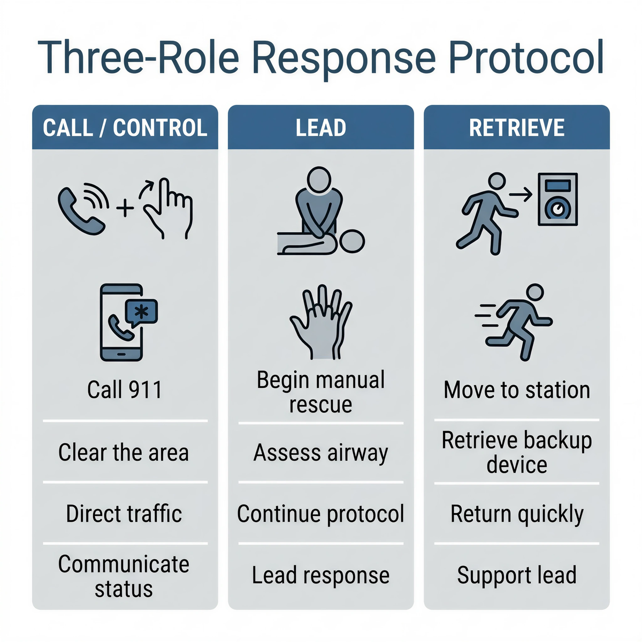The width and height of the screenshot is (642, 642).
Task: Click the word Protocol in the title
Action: pos(526,57)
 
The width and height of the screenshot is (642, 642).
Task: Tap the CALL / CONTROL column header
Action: pos(125,128)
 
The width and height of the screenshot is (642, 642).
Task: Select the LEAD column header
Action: pos(321,128)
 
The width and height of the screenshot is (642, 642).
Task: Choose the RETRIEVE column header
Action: pos(517,128)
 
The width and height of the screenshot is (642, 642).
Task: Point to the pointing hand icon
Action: pos(167,208)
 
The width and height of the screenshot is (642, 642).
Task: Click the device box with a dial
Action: pos(557,199)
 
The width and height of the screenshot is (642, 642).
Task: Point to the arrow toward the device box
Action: pos(520,195)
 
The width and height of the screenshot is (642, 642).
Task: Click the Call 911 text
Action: pos(125,390)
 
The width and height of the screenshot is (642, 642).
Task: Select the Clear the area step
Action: pos(124,453)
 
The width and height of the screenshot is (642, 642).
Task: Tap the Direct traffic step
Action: pos(124,514)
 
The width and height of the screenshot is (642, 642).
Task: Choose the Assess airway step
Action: pos(321,453)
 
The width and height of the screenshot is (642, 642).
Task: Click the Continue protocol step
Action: pos(321,514)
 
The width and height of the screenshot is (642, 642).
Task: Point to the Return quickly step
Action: pos(517,514)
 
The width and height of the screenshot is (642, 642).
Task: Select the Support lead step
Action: pos(517,575)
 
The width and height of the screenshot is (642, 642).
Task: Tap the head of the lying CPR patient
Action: pos(353,242)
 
